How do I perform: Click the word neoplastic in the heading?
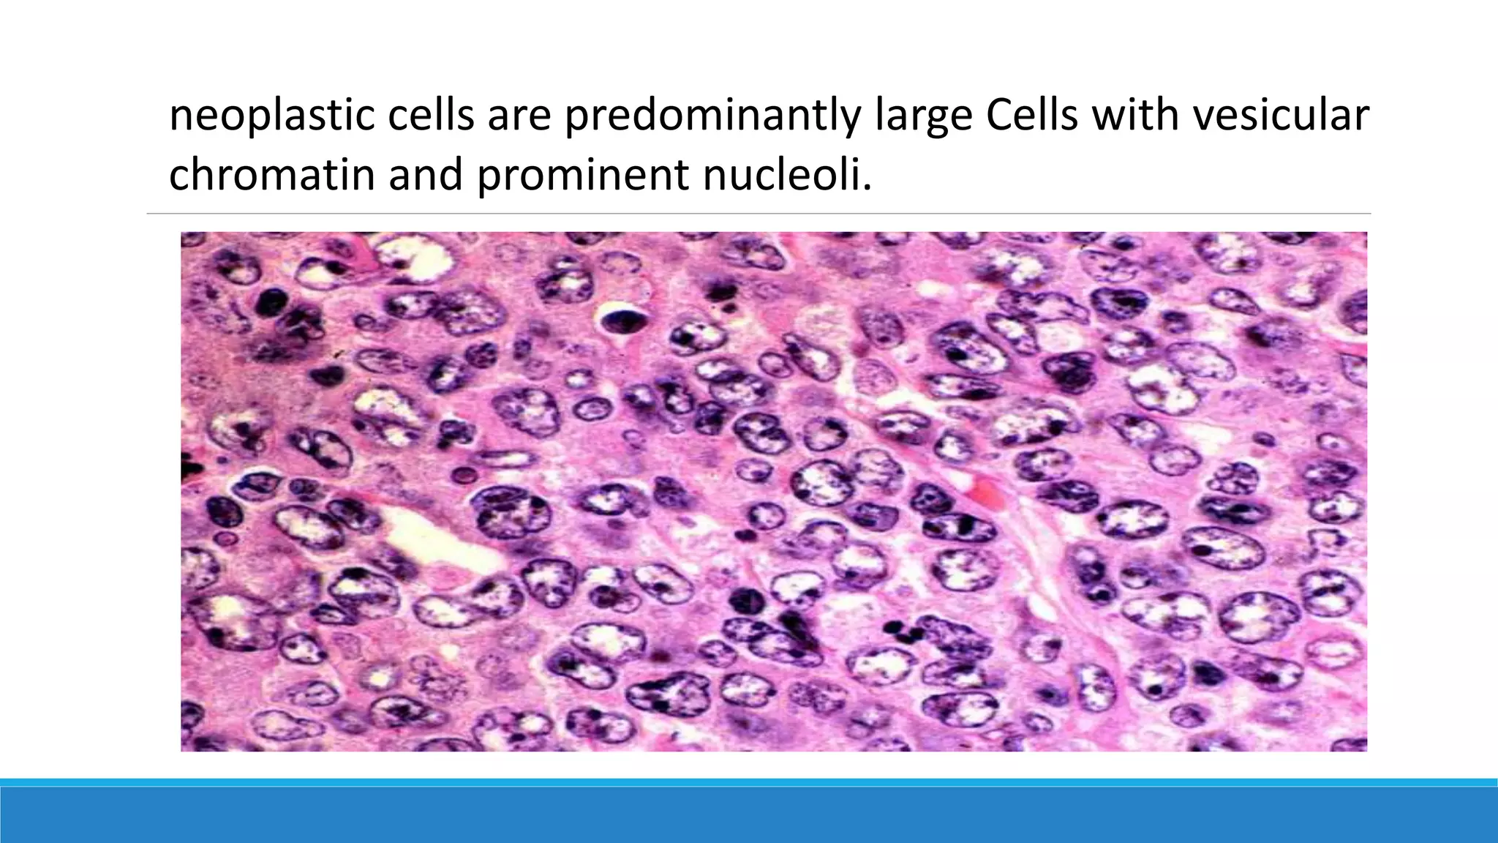[271, 116]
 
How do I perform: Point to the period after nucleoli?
[867, 189]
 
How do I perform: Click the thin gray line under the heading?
[759, 214]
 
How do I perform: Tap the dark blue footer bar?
[749, 815]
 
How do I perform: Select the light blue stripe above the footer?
[749, 782]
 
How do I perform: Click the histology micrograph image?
[773, 491]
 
